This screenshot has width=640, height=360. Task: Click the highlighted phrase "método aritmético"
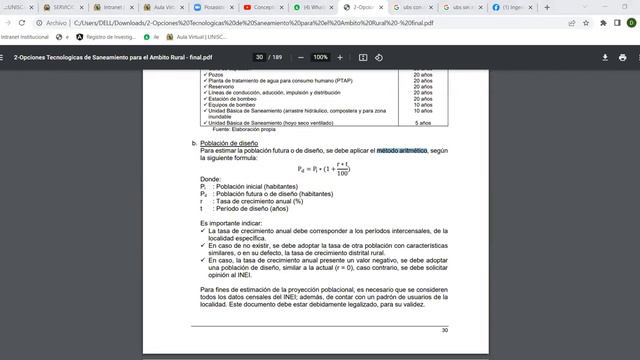pyautogui.click(x=402, y=150)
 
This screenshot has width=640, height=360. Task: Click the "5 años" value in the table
pyautogui.click(x=422, y=122)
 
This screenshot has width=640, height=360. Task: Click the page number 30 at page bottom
pyautogui.click(x=445, y=329)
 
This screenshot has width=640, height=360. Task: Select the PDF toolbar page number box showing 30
pyautogui.click(x=260, y=57)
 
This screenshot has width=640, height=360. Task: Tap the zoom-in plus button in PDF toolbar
pyautogui.click(x=346, y=57)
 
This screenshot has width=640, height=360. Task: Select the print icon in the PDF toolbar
pyautogui.click(x=625, y=57)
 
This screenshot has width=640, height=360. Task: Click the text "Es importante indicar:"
pyautogui.click(x=234, y=221)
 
